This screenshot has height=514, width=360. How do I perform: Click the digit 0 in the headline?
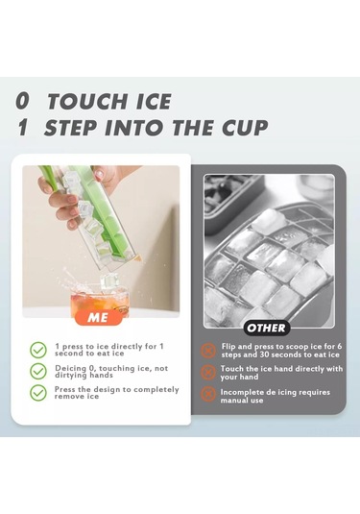(23, 101)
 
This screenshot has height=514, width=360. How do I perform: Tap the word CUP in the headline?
(245, 128)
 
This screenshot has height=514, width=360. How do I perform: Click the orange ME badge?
(98, 318)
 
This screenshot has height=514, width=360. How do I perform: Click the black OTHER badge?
(266, 328)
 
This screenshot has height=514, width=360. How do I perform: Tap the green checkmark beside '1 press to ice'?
(38, 350)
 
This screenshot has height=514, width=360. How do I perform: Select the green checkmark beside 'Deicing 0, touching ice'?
(38, 372)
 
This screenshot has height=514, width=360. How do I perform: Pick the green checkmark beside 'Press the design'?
(38, 393)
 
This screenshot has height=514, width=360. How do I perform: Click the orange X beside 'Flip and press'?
(208, 351)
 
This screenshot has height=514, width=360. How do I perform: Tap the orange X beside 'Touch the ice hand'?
(208, 373)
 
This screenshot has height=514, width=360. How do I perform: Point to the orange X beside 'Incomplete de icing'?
(208, 394)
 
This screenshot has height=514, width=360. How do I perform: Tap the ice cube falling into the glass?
(108, 281)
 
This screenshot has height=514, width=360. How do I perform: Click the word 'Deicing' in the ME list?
(71, 369)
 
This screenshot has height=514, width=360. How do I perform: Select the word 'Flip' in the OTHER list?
(228, 347)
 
